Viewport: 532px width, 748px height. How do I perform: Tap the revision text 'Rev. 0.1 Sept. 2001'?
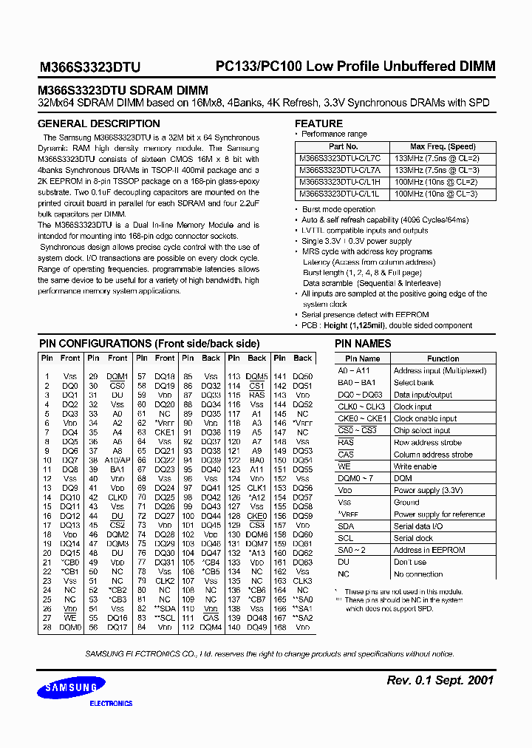click(440, 680)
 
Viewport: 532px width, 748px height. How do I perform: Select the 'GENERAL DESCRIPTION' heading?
click(98, 123)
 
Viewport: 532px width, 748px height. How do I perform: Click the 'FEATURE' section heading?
click(318, 123)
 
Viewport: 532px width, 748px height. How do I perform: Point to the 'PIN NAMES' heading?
click(363, 344)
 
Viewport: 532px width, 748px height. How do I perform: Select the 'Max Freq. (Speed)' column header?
click(443, 147)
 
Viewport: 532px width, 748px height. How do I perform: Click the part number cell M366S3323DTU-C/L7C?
click(340, 159)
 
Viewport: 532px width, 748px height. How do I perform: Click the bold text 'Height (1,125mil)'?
click(361, 324)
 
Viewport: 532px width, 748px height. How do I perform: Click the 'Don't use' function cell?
click(409, 562)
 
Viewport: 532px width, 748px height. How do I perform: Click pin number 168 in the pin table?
click(280, 627)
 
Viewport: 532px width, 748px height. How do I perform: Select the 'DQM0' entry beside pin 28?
click(70, 627)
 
